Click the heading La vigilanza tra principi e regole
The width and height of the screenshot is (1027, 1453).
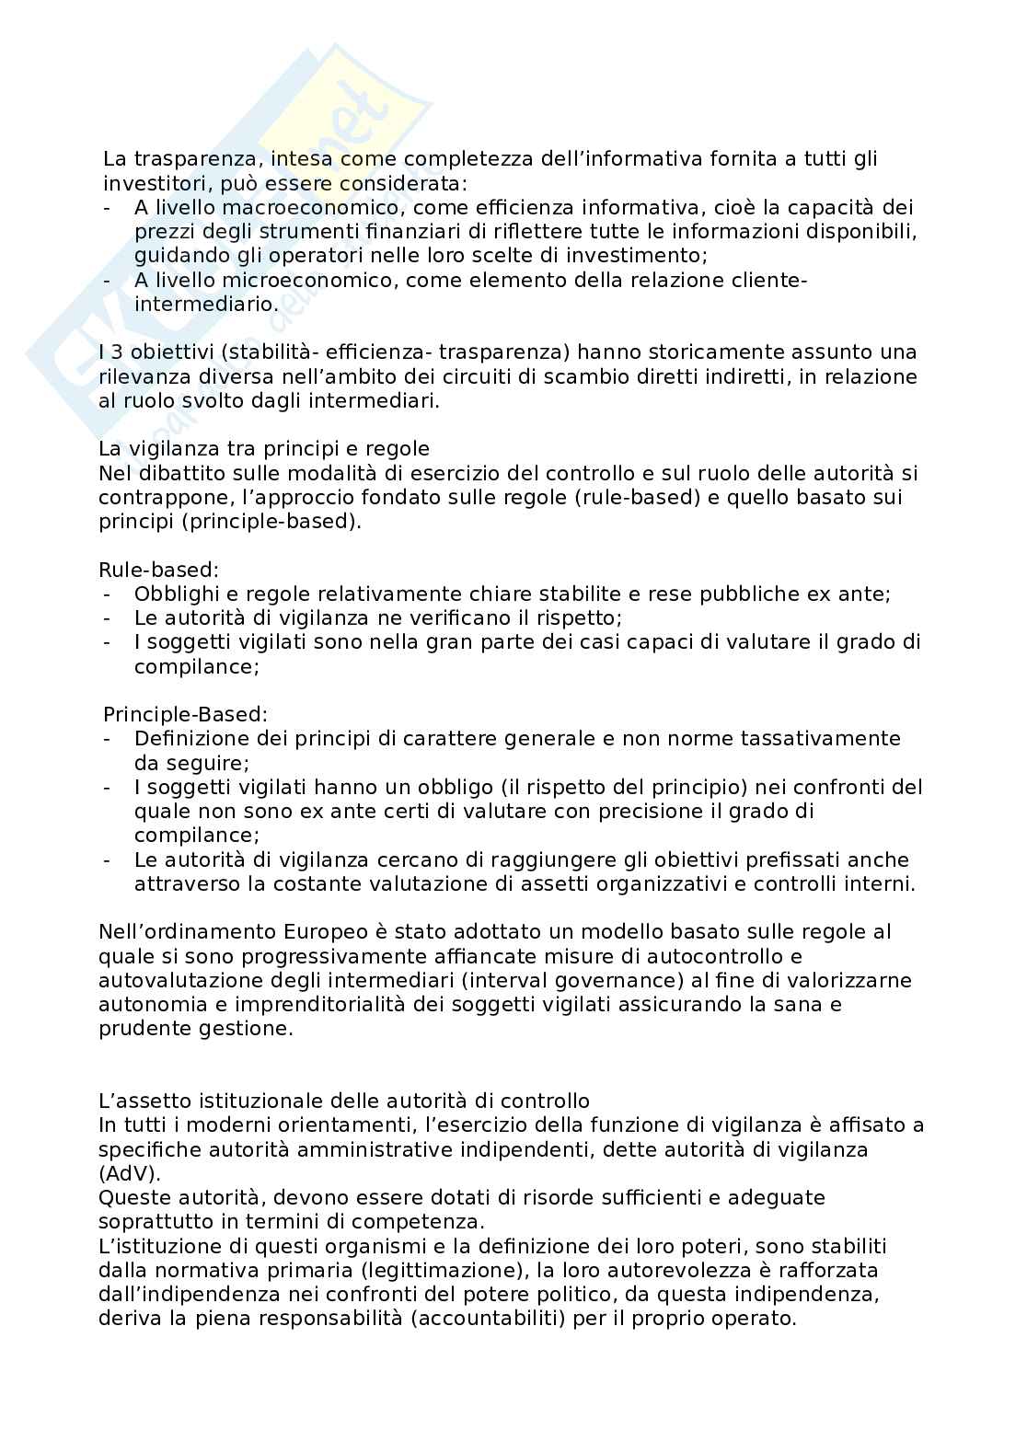tap(264, 449)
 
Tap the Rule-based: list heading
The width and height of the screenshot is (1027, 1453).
tap(158, 570)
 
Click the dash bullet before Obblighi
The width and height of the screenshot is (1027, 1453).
tap(108, 594)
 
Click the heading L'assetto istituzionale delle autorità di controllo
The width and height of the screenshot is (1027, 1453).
tap(344, 1101)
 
